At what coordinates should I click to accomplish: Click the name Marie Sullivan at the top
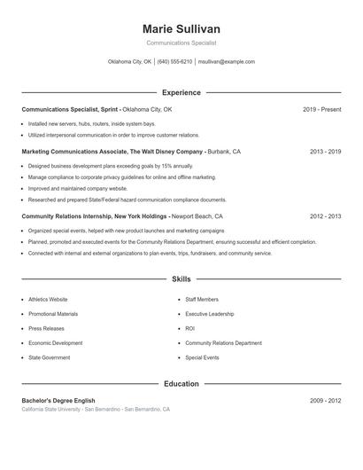(x=181, y=29)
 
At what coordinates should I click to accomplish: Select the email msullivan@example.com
(x=227, y=62)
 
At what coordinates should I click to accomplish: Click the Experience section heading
(x=181, y=92)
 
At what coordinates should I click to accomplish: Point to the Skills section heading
(x=181, y=278)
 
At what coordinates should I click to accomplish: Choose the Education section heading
(x=181, y=384)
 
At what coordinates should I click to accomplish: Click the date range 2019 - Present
(x=321, y=109)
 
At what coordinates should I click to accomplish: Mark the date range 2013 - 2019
(x=325, y=152)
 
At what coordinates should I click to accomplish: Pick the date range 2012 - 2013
(x=325, y=215)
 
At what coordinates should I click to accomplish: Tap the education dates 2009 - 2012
(x=325, y=401)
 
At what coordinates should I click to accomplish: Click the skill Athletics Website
(x=48, y=300)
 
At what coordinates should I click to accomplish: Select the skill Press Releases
(x=46, y=328)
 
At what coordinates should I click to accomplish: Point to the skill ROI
(x=189, y=328)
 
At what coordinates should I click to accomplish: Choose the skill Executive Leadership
(x=210, y=314)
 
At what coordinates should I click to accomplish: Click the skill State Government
(x=49, y=356)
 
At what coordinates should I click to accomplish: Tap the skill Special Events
(x=202, y=356)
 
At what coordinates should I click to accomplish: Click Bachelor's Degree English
(x=58, y=401)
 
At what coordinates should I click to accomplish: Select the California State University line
(x=96, y=410)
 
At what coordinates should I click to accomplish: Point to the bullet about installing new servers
(x=91, y=123)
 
